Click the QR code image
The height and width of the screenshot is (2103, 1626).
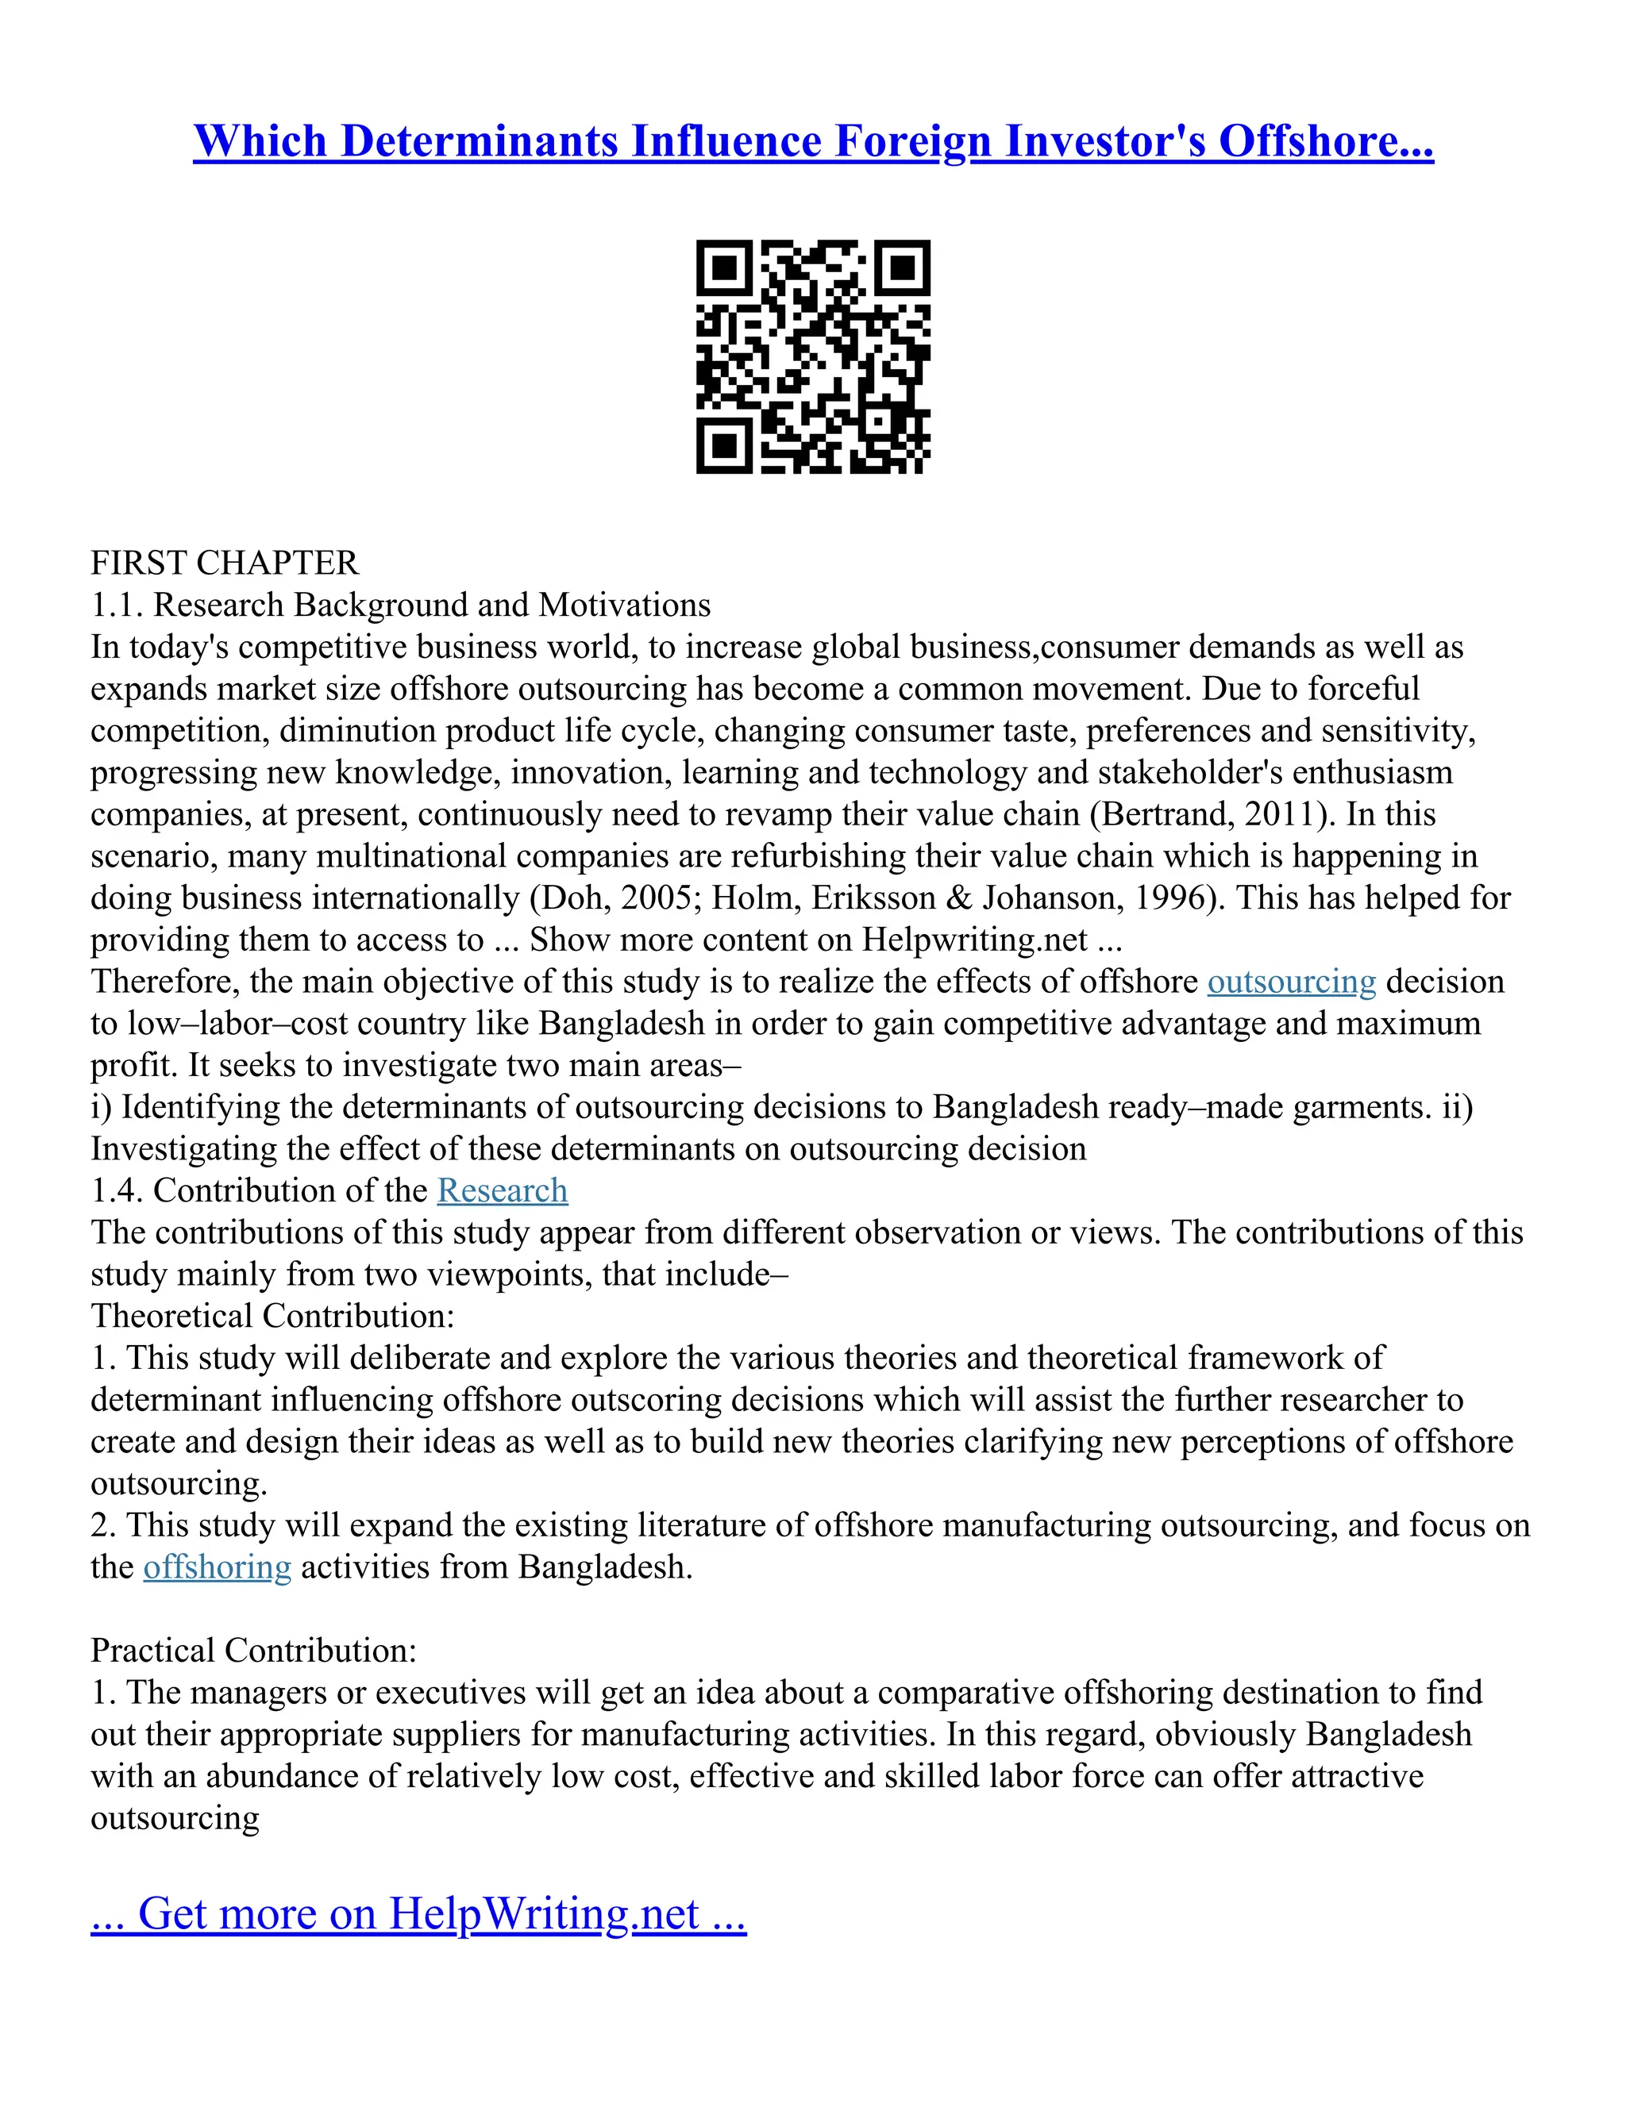[813, 356]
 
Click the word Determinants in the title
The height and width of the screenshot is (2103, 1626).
[480, 140]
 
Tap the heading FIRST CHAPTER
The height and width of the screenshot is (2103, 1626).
[225, 563]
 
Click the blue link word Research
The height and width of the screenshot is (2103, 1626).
[502, 1190]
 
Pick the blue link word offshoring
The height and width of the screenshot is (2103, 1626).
[217, 1567]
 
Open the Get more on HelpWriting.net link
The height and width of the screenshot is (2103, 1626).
[418, 1913]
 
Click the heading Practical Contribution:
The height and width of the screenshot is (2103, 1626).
[253, 1651]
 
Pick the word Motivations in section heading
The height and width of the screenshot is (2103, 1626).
[624, 605]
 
